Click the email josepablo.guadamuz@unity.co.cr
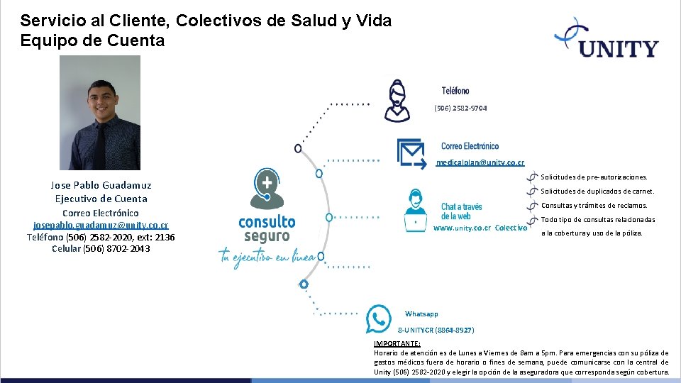(x=101, y=225)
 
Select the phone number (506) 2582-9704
(x=460, y=108)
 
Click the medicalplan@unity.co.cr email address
(x=480, y=162)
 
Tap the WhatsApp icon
(x=378, y=318)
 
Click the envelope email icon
(x=411, y=150)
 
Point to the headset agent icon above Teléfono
(x=397, y=100)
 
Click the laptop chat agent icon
(x=415, y=211)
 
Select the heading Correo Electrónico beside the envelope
(x=470, y=146)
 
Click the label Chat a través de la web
(x=461, y=211)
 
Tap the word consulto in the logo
(x=267, y=221)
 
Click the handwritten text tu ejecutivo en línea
(x=267, y=256)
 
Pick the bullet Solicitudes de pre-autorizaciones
(x=594, y=177)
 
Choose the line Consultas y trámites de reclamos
(x=594, y=206)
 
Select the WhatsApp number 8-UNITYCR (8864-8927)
(x=436, y=331)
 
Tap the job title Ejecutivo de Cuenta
(x=101, y=199)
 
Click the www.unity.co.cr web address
(x=462, y=228)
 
